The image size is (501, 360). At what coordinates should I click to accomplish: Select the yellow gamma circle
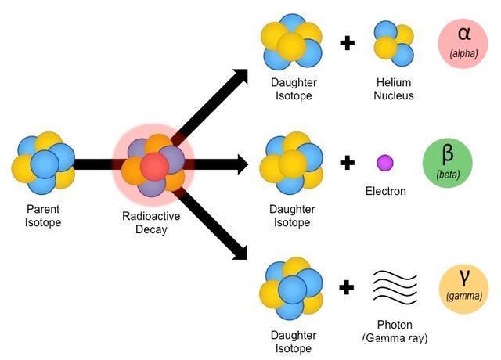(463, 289)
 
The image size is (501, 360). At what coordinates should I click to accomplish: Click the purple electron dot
(385, 163)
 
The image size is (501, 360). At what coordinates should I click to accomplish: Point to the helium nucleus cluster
(393, 42)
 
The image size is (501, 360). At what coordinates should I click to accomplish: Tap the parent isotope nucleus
(43, 163)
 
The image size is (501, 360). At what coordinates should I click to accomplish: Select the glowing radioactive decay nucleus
(153, 165)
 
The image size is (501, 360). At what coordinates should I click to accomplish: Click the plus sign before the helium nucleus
(347, 41)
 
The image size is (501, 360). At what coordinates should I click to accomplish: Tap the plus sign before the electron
(347, 163)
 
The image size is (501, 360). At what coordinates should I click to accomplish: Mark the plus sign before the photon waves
(347, 287)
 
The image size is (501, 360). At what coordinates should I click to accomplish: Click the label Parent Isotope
(42, 217)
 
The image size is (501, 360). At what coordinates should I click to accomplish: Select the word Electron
(386, 191)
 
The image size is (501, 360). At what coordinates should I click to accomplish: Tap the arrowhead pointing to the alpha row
(240, 77)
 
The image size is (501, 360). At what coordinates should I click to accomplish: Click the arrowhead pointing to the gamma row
(240, 252)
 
